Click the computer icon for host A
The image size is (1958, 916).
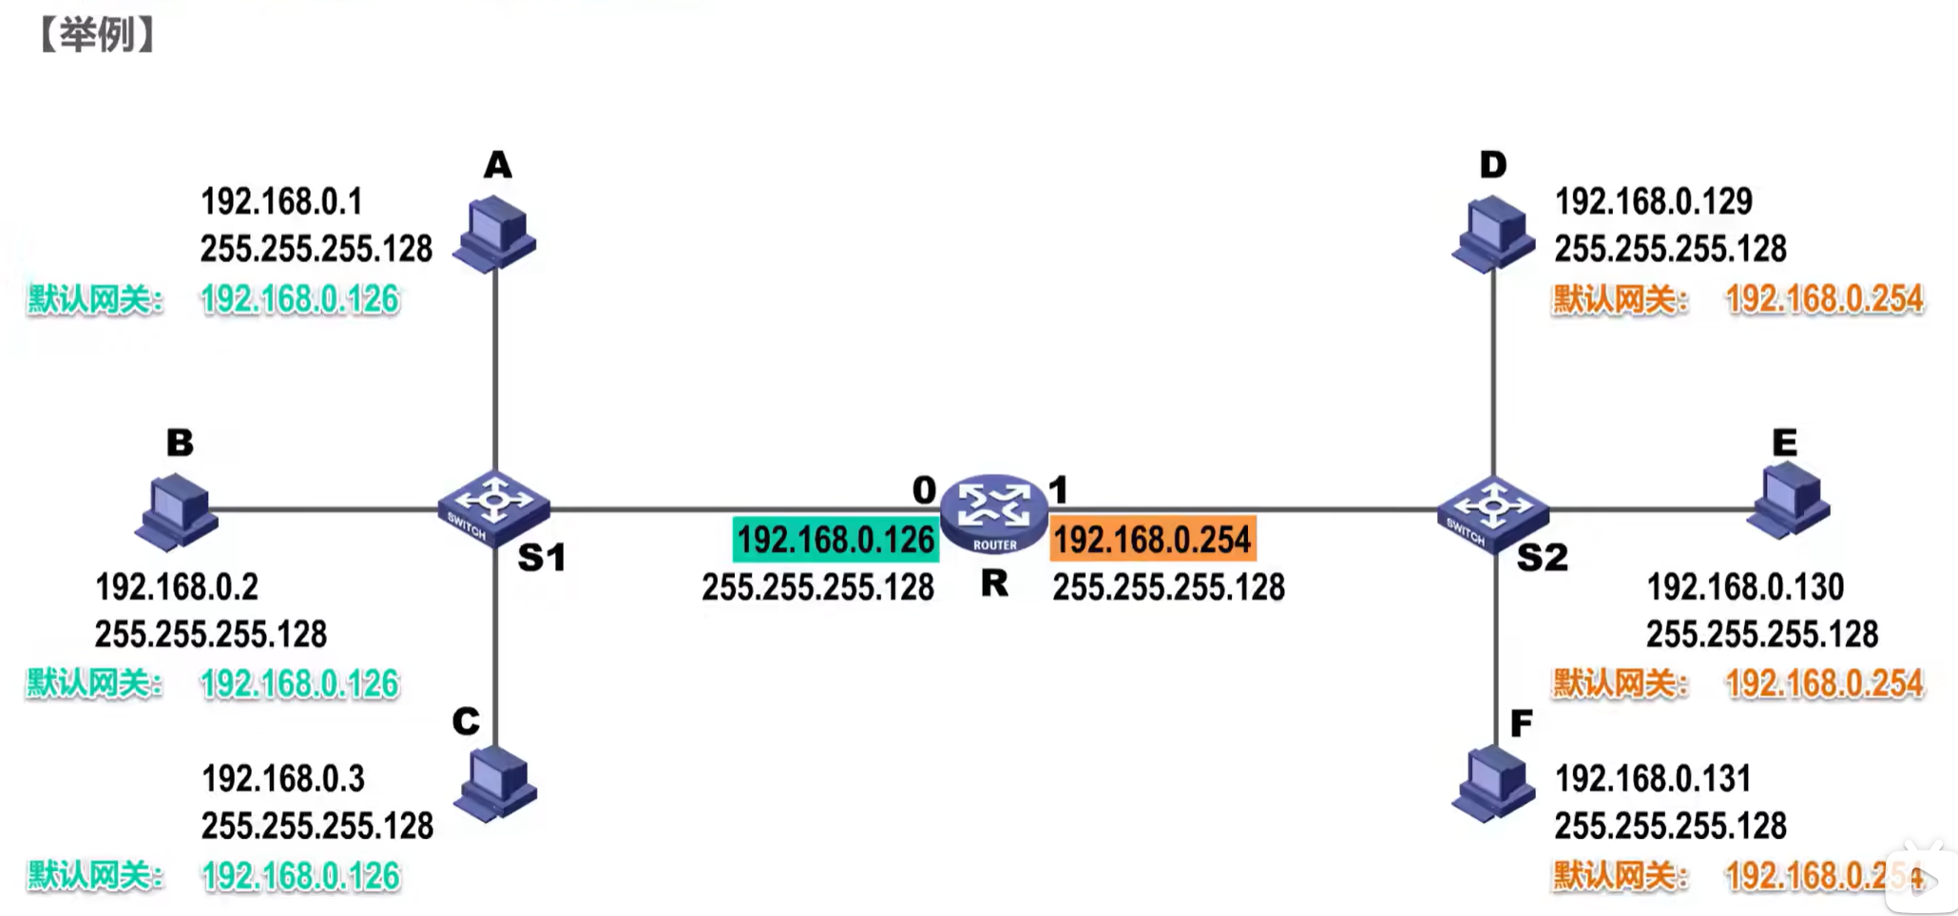pos(494,234)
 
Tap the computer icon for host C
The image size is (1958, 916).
pos(495,783)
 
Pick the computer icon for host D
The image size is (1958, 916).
pos(1493,234)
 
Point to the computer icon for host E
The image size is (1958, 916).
pos(1790,500)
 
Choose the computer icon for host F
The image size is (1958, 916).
pos(1493,783)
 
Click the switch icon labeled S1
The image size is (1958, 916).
pos(492,507)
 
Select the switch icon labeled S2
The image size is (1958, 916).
pos(1492,513)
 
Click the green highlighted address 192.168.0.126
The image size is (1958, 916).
pos(835,540)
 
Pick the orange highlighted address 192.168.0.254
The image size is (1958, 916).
pos(1152,540)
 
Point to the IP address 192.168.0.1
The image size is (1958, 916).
pos(281,201)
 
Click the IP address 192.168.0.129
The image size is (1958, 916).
pos(1653,201)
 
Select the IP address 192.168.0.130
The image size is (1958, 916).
pos(1745,587)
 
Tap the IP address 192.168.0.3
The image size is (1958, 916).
pos(283,779)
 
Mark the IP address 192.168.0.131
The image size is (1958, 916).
pos(1652,779)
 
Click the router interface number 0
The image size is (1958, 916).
pos(924,490)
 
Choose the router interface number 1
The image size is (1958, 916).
pos(1058,490)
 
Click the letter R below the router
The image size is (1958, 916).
pos(994,583)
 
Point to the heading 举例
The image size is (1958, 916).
pos(97,35)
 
